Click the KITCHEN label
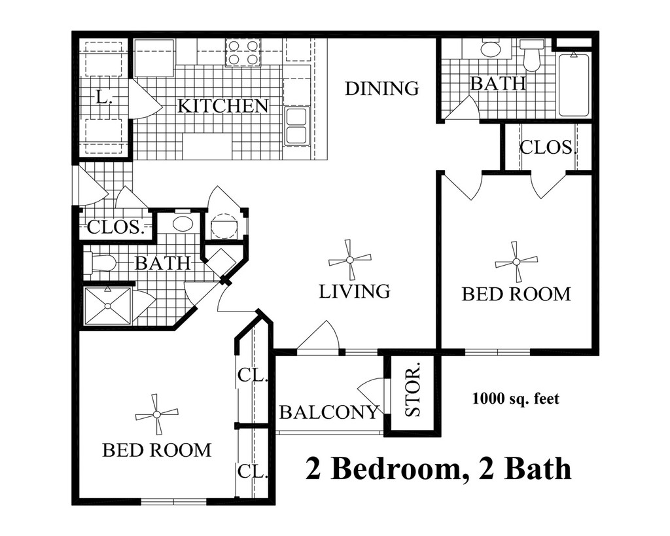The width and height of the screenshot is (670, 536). click(x=222, y=105)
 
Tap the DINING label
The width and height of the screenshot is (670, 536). click(x=382, y=88)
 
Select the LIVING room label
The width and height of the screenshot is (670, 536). click(x=355, y=291)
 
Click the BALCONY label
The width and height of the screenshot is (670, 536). click(x=329, y=412)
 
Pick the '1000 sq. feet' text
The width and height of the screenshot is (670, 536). click(x=516, y=398)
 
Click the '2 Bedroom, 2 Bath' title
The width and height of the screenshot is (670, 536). click(x=438, y=469)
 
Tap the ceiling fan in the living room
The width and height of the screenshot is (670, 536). click(x=350, y=260)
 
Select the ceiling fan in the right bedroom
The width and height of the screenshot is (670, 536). click(x=516, y=262)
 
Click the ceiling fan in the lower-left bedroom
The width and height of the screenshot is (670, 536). click(x=157, y=414)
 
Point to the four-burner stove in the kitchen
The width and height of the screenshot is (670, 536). click(x=243, y=52)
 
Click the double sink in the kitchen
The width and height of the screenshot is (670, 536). click(x=296, y=126)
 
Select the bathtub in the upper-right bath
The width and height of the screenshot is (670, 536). click(x=574, y=85)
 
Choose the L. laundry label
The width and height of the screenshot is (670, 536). click(x=103, y=98)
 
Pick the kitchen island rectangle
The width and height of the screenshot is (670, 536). click(x=207, y=146)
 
